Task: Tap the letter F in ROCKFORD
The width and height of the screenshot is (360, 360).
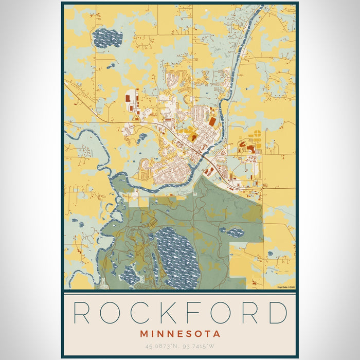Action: point(194,312)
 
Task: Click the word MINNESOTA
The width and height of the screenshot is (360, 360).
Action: point(179,334)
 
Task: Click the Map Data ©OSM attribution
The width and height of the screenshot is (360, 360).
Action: point(286,287)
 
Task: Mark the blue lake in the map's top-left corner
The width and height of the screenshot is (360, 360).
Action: point(107,38)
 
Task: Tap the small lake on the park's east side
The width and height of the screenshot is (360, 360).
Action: point(235,232)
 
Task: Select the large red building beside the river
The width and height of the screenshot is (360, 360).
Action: point(212,122)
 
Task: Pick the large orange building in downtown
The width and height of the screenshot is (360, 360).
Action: point(193,137)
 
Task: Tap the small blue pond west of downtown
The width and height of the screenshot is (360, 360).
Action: point(142,137)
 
